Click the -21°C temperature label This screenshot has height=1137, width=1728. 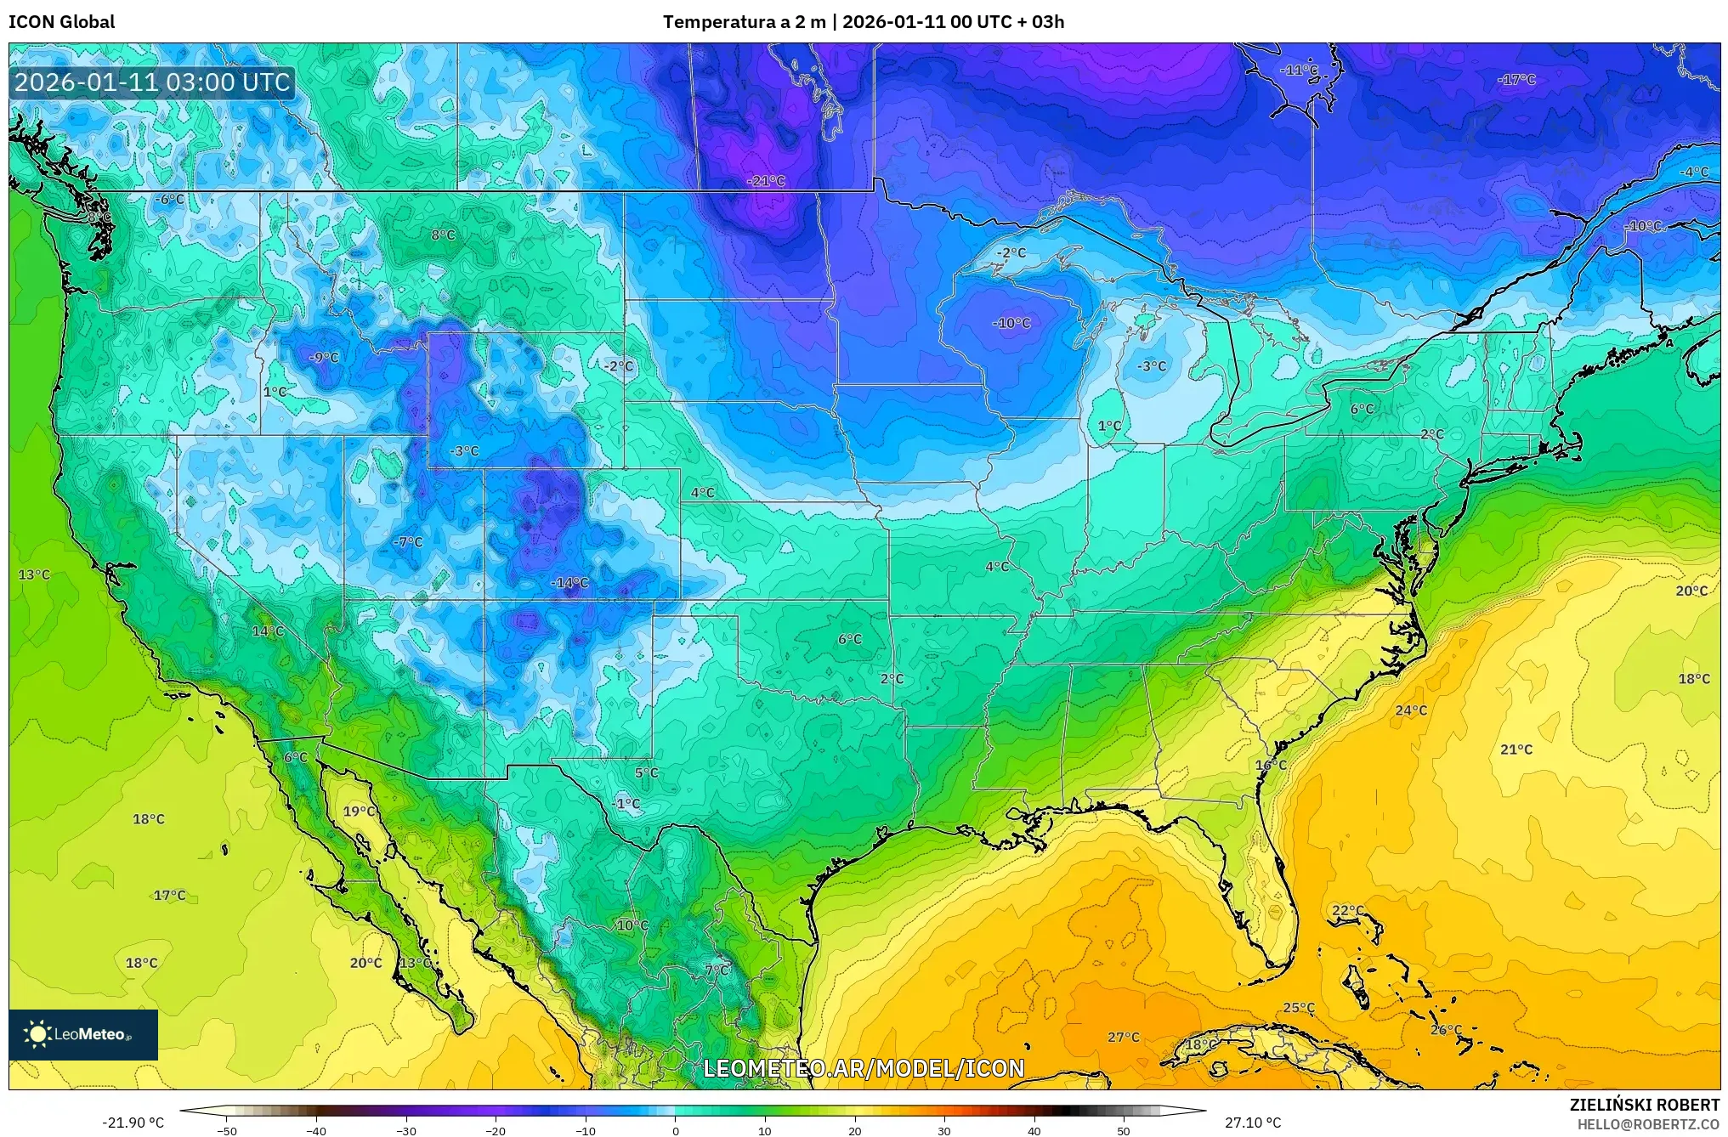(x=766, y=181)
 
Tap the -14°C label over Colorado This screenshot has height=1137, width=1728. (x=569, y=583)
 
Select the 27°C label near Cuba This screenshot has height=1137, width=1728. (x=1123, y=1037)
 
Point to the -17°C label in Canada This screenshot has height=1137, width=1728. (x=1516, y=80)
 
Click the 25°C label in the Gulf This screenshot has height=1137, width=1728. (x=1298, y=1008)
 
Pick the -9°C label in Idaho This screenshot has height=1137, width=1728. (x=323, y=358)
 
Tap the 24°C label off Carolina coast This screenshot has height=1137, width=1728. (x=1411, y=710)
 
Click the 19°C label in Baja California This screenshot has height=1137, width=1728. (x=360, y=812)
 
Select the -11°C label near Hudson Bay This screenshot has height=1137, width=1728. (x=1300, y=71)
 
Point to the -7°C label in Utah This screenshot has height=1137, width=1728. (x=408, y=541)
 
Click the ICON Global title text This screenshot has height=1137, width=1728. (x=61, y=22)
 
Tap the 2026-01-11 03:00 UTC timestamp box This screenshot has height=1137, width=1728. (x=153, y=82)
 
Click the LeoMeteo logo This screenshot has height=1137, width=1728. (x=82, y=1034)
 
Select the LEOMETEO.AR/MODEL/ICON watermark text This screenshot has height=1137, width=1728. (x=864, y=1068)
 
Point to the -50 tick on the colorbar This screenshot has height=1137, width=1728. (x=227, y=1131)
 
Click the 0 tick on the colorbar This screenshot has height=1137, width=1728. (x=676, y=1131)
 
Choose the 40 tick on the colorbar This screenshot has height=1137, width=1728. (x=1034, y=1131)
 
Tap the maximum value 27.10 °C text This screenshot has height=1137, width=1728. (x=1252, y=1123)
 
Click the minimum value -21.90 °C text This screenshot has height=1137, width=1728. (x=133, y=1123)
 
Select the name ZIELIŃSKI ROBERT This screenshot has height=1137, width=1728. (x=1644, y=1105)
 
